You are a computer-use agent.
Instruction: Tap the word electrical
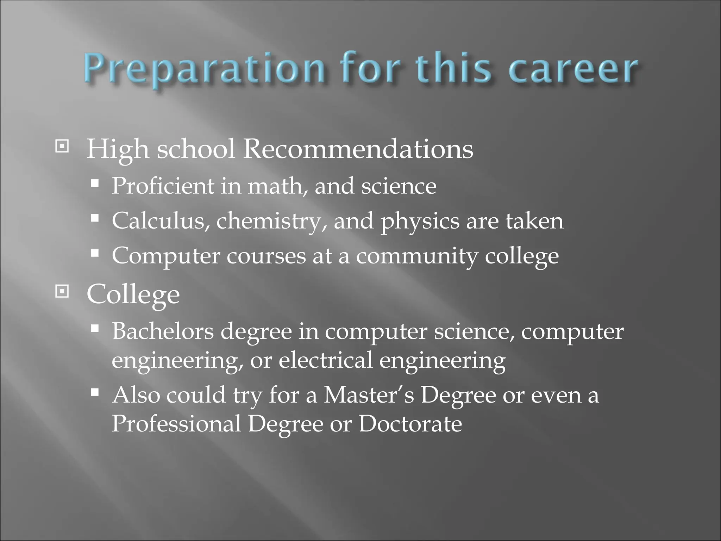(x=325, y=360)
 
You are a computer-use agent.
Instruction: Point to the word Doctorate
(x=410, y=424)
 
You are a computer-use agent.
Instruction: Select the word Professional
(x=176, y=424)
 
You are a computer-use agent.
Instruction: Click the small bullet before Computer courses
(x=94, y=253)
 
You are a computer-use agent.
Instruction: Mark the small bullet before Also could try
(x=94, y=392)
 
